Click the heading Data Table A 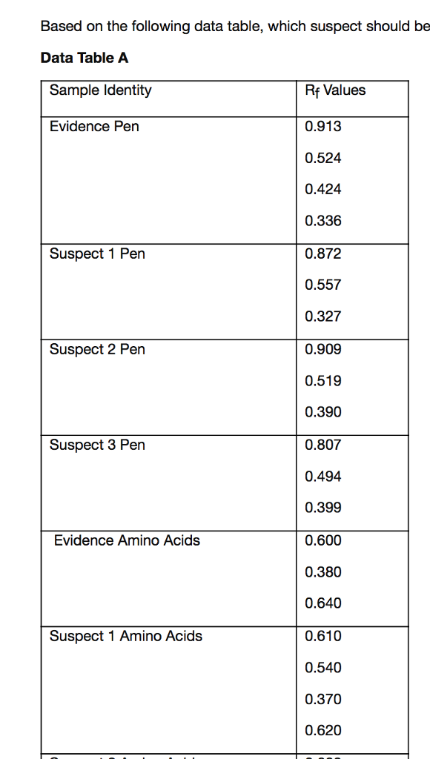pos(85,58)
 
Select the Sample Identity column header pos(100,90)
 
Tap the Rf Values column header pos(335,90)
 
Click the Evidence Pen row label pos(94,127)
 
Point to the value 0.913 pos(323,127)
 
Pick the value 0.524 pos(323,158)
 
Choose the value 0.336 pos(323,221)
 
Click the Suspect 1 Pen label pos(97,254)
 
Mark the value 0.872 pos(323,254)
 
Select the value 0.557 pos(323,285)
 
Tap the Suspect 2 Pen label pos(97,350)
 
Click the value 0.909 pos(323,350)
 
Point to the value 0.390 pos(323,412)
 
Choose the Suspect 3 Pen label pos(97,445)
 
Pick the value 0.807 pos(323,445)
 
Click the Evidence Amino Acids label pos(127,540)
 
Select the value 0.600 pos(323,540)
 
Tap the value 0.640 pos(323,603)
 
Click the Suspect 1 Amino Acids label pos(125,636)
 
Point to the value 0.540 pos(323,668)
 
